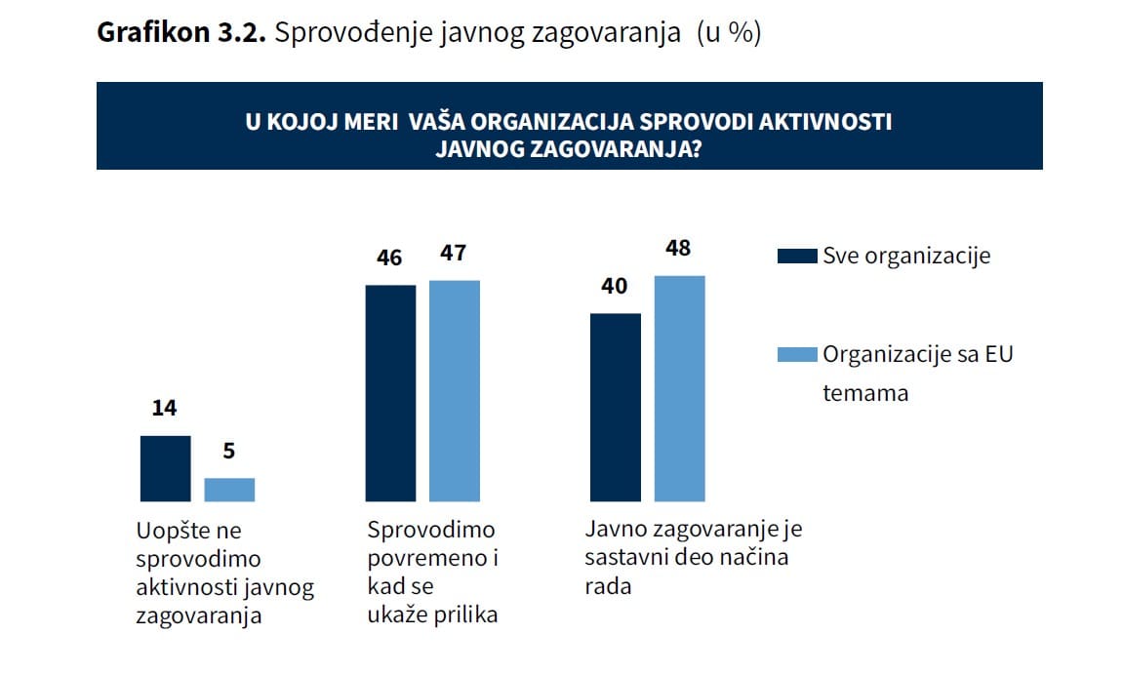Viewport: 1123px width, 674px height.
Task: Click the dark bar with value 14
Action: pyautogui.click(x=165, y=468)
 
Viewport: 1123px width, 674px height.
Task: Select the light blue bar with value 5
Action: pyautogui.click(x=229, y=490)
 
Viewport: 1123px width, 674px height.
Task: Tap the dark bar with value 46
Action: pyautogui.click(x=390, y=393)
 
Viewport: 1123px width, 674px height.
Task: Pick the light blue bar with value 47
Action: pyautogui.click(x=455, y=390)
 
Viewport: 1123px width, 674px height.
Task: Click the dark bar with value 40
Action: pyautogui.click(x=616, y=407)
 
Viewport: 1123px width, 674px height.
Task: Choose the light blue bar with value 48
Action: pyautogui.click(x=679, y=388)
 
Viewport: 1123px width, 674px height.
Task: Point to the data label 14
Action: pyautogui.click(x=164, y=409)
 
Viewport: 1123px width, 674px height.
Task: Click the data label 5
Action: pyautogui.click(x=229, y=452)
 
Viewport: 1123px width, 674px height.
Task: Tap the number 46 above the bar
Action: pyautogui.click(x=389, y=258)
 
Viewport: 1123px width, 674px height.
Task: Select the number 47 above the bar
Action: pyautogui.click(x=454, y=254)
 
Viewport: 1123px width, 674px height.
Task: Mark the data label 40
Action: pyautogui.click(x=615, y=287)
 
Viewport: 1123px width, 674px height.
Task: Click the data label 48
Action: pyautogui.click(x=678, y=249)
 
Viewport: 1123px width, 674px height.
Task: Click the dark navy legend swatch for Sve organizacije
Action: pyautogui.click(x=796, y=257)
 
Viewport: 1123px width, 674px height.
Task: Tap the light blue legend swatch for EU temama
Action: pyautogui.click(x=796, y=354)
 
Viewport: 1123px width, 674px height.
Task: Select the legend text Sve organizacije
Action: pyautogui.click(x=906, y=257)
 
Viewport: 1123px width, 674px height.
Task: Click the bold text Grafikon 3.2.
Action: pyautogui.click(x=180, y=33)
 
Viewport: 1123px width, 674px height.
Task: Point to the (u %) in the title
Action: pyautogui.click(x=728, y=33)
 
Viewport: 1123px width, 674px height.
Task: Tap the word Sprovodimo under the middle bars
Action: pyautogui.click(x=431, y=531)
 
